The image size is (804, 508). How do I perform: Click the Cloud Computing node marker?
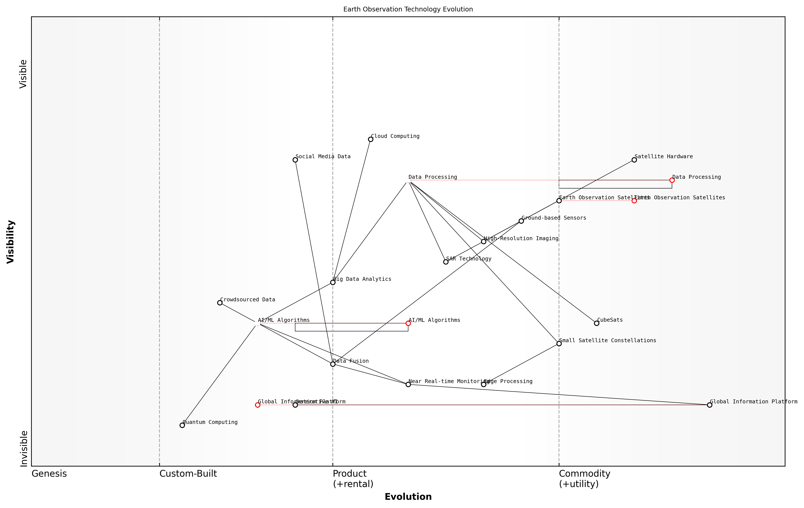[370, 139]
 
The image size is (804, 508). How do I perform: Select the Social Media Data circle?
[295, 160]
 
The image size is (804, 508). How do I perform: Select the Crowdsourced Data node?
[220, 303]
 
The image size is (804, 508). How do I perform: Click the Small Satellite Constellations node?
[559, 344]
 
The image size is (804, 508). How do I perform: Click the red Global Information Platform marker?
[257, 405]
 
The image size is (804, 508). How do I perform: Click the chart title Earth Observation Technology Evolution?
[408, 9]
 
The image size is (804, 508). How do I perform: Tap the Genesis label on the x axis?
[49, 474]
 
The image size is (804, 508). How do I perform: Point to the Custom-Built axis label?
[188, 474]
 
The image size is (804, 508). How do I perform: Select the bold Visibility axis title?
[11, 242]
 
